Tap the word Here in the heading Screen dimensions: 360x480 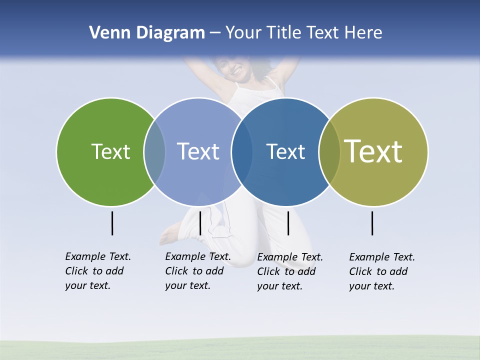[x=363, y=33]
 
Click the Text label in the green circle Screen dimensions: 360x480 [x=110, y=151]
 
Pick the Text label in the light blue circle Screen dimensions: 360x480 [x=198, y=151]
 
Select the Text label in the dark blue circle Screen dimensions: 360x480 [x=285, y=151]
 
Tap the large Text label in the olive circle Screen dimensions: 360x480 [x=373, y=151]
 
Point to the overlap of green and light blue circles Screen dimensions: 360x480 [x=154, y=152]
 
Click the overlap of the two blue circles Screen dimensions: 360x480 [x=242, y=152]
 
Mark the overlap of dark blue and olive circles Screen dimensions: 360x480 [x=329, y=152]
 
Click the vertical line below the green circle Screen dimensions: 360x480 [x=112, y=223]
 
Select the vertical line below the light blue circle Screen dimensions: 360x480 [x=200, y=223]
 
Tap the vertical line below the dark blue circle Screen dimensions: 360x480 [x=288, y=223]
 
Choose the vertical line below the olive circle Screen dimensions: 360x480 [x=372, y=223]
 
